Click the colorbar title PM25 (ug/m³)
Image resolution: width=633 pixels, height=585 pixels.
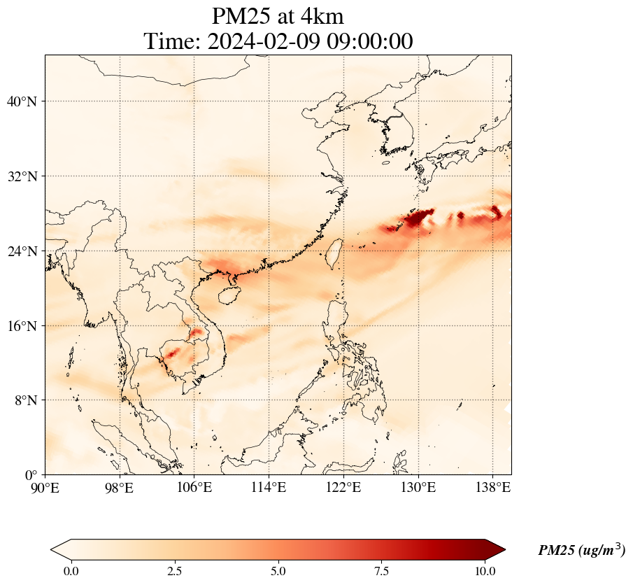[x=581, y=551]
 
